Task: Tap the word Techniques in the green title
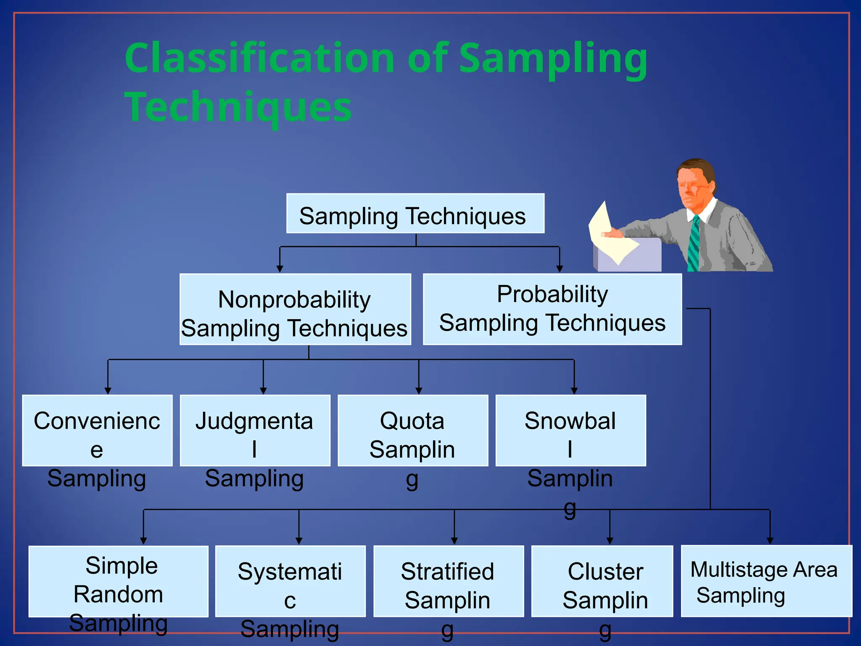pos(238,107)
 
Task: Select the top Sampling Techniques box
pos(415,214)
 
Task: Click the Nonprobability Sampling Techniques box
pos(295,310)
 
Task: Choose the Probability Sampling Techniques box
pos(552,310)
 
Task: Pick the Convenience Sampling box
pos(97,430)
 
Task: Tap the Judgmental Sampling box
pos(255,430)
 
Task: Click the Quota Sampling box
pos(412,430)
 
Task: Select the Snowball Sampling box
pos(570,430)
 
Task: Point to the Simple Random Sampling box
pos(118,581)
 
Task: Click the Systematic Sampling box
pos(290,581)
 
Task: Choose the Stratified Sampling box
pos(448,581)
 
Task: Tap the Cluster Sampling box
pos(602,581)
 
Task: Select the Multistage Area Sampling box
pos(766,581)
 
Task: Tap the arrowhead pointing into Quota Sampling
pos(419,391)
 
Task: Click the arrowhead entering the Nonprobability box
pos(280,269)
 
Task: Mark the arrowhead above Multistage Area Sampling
pos(770,541)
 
